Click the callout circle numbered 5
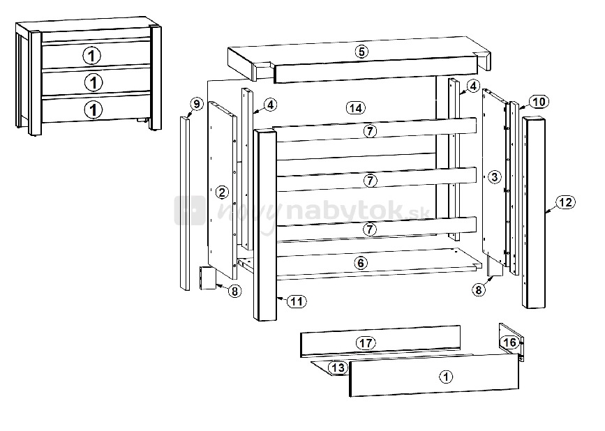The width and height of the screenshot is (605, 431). [361, 52]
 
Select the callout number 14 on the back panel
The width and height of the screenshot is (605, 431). [356, 108]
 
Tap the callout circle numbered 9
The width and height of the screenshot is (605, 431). [197, 104]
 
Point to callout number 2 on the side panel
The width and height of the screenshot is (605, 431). [221, 192]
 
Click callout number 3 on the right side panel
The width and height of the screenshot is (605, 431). [495, 177]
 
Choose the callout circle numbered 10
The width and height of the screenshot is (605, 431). [539, 102]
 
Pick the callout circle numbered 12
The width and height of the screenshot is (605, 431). [566, 202]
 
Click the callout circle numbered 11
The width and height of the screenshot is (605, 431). [297, 301]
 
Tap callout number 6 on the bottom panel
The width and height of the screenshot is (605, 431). [360, 264]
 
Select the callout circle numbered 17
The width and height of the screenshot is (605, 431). [366, 342]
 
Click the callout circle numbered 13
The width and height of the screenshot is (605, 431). [338, 368]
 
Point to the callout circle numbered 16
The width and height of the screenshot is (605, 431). [509, 342]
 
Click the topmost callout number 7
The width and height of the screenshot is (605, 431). [370, 131]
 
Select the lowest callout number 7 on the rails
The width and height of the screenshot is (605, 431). [370, 229]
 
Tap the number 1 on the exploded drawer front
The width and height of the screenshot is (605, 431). [447, 377]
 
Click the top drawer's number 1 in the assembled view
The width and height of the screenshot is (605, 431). [92, 56]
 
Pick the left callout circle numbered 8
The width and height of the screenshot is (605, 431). [234, 291]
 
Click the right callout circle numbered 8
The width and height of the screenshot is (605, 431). [479, 289]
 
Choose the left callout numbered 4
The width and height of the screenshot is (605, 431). [271, 105]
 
